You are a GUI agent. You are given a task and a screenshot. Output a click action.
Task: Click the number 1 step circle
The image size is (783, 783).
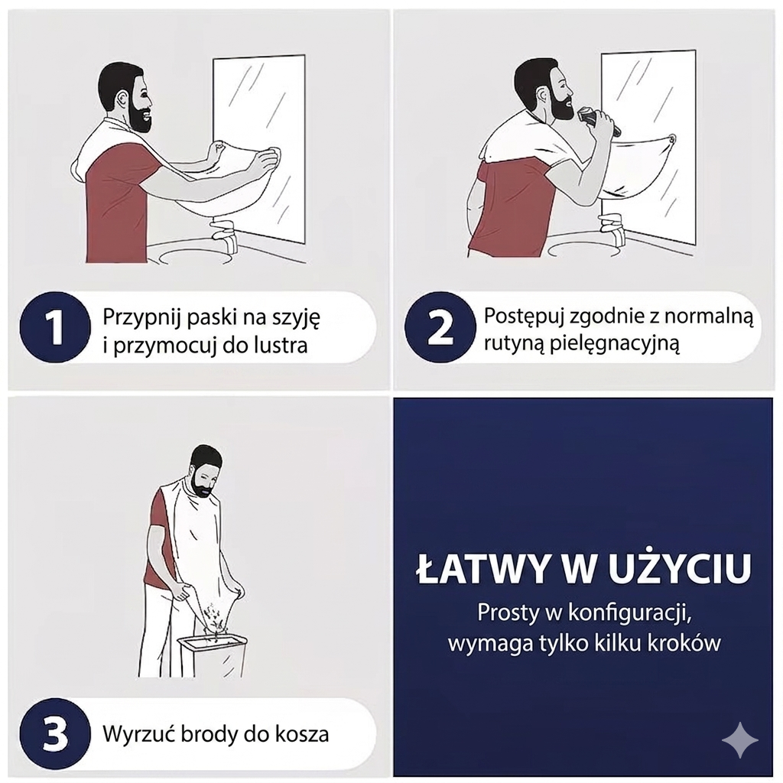55,327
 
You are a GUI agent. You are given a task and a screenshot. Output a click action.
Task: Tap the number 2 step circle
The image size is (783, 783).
440,327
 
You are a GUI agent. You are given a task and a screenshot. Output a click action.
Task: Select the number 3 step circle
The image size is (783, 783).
55,733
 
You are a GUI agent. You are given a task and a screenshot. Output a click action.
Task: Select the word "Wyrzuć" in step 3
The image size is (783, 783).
135,734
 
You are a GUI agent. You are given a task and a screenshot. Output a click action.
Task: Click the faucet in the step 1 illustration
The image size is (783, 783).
225,232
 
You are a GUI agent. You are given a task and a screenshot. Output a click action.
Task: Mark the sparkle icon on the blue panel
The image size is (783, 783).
739,740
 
